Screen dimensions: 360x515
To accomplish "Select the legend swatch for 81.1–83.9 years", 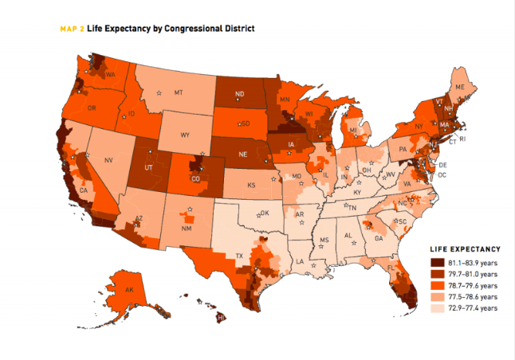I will (x=437, y=262).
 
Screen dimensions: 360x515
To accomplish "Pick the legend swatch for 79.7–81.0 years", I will (x=437, y=273).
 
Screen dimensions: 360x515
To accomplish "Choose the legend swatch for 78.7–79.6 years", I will (x=437, y=285).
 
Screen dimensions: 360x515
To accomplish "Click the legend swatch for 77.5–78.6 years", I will (x=437, y=296).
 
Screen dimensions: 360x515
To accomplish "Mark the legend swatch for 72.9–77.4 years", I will (x=437, y=307).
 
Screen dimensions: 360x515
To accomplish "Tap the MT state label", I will (x=179, y=92).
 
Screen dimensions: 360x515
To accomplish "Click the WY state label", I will (x=185, y=135).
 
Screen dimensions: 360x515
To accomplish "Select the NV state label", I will (x=109, y=161).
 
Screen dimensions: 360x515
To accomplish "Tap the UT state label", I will (x=147, y=169).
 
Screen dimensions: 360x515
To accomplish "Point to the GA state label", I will (x=379, y=238).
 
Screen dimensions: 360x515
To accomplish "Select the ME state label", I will (x=459, y=86).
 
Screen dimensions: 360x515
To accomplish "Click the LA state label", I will (x=301, y=260).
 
